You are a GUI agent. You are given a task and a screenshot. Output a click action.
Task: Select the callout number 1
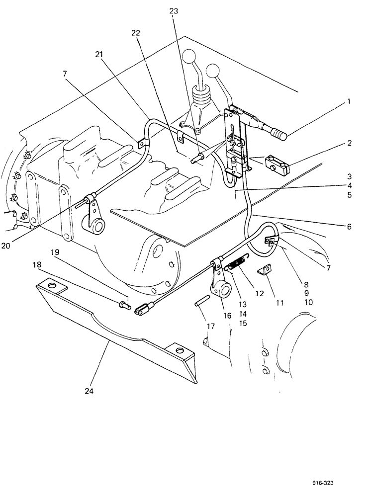pyautogui.click(x=349, y=102)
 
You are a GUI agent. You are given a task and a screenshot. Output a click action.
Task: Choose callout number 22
pyautogui.click(x=136, y=33)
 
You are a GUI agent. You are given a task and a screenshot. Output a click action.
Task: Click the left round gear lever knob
pyautogui.click(x=189, y=56)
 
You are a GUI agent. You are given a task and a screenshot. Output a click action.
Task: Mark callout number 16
pyautogui.click(x=227, y=316)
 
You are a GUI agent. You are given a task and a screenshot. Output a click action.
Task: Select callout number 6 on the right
pyautogui.click(x=349, y=227)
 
